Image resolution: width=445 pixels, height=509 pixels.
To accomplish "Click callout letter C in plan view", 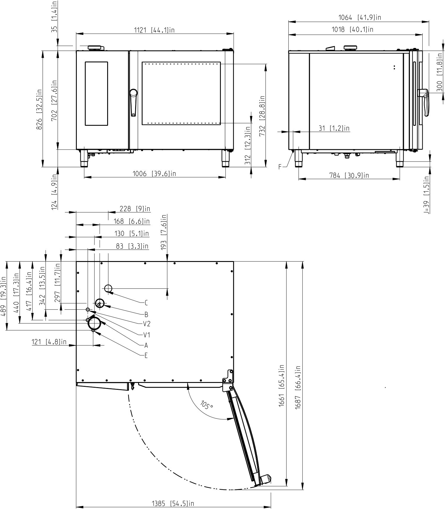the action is click(146, 303).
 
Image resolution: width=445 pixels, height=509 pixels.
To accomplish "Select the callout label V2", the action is click(147, 324).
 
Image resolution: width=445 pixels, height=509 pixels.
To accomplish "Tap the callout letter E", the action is click(146, 356).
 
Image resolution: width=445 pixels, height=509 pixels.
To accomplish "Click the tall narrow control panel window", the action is click(96, 94).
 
